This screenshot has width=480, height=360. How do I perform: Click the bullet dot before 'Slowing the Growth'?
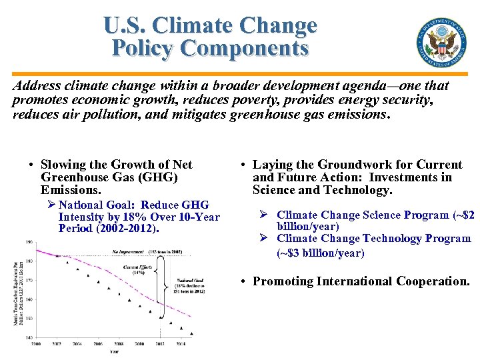(x=31, y=165)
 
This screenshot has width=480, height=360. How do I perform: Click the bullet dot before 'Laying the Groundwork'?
(x=245, y=165)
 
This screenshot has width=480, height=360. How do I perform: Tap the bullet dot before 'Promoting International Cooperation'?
(x=245, y=282)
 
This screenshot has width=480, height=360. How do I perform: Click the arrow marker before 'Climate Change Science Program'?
(x=264, y=215)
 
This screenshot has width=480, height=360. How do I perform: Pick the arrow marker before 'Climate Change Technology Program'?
(x=264, y=239)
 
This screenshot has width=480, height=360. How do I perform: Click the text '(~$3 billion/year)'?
(x=321, y=253)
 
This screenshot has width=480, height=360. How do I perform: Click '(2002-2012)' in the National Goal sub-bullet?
(x=128, y=228)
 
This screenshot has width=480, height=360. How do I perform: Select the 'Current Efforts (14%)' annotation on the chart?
(x=139, y=269)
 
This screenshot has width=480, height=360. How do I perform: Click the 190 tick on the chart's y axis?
(x=29, y=242)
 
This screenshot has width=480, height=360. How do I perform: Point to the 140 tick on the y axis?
(x=29, y=338)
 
